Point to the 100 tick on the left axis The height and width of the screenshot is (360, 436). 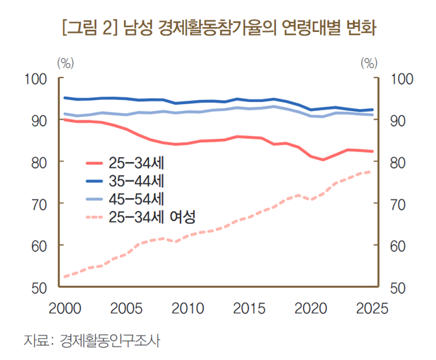34,79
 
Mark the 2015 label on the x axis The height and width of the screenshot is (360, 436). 249,308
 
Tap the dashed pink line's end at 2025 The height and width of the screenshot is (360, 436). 371,171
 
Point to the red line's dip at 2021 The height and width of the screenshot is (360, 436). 323,160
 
